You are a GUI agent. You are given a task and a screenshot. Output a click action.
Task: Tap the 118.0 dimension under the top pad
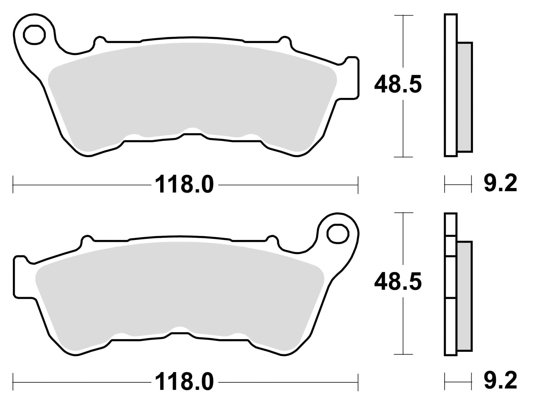click(185, 185)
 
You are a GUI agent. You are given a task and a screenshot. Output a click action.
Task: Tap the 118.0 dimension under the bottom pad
click(185, 382)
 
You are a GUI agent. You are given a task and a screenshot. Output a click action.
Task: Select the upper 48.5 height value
click(398, 84)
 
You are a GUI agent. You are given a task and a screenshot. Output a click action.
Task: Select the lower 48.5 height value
click(398, 282)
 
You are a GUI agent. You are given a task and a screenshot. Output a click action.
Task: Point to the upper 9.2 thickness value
click(500, 184)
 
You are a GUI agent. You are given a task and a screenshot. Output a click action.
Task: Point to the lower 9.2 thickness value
click(500, 382)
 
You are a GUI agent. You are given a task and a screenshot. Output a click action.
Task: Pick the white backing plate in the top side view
click(451, 85)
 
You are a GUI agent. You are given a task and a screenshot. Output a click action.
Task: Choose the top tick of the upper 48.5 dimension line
click(403, 15)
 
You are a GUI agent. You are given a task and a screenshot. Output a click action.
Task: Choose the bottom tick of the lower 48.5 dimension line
click(403, 354)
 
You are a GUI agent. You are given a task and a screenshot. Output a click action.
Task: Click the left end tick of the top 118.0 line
click(13, 185)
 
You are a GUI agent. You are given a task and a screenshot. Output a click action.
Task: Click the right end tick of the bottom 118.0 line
click(358, 382)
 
